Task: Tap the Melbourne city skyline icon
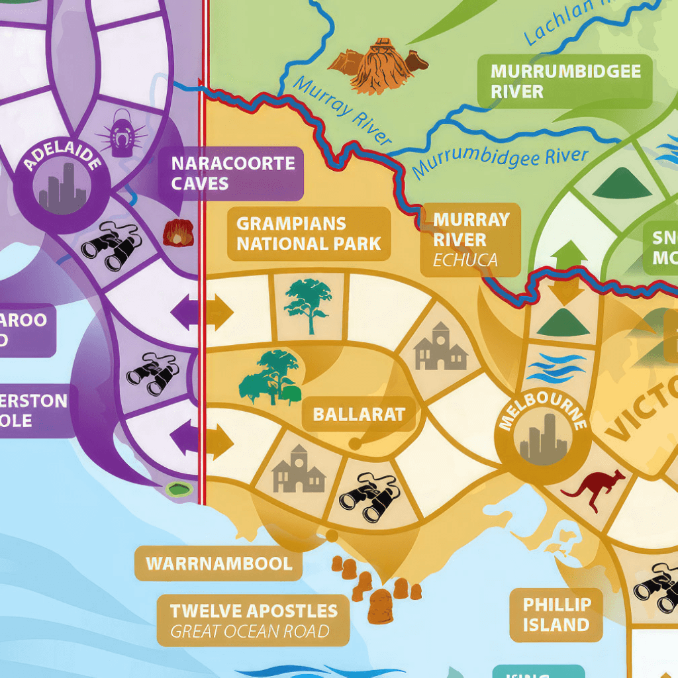pyautogui.click(x=544, y=440)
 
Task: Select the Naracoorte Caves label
pyautogui.click(x=232, y=173)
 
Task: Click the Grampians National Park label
pyautogui.click(x=309, y=234)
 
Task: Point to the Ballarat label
pyautogui.click(x=359, y=415)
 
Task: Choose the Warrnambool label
pyautogui.click(x=219, y=564)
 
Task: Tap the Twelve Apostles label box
pyautogui.click(x=254, y=620)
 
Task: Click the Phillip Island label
pyautogui.click(x=556, y=614)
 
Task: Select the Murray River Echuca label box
pyautogui.click(x=471, y=239)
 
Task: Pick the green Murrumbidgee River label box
pyautogui.click(x=565, y=81)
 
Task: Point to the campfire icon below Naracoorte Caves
pyautogui.click(x=178, y=233)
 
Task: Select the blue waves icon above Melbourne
pyautogui.click(x=556, y=368)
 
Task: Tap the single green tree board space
pyautogui.click(x=309, y=305)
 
